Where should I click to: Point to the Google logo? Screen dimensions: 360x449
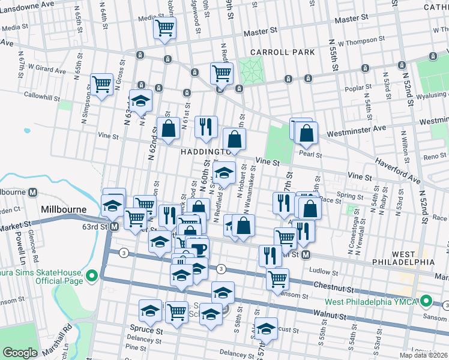click(x=20, y=353)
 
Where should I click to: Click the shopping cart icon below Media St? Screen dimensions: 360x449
click(x=165, y=27)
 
